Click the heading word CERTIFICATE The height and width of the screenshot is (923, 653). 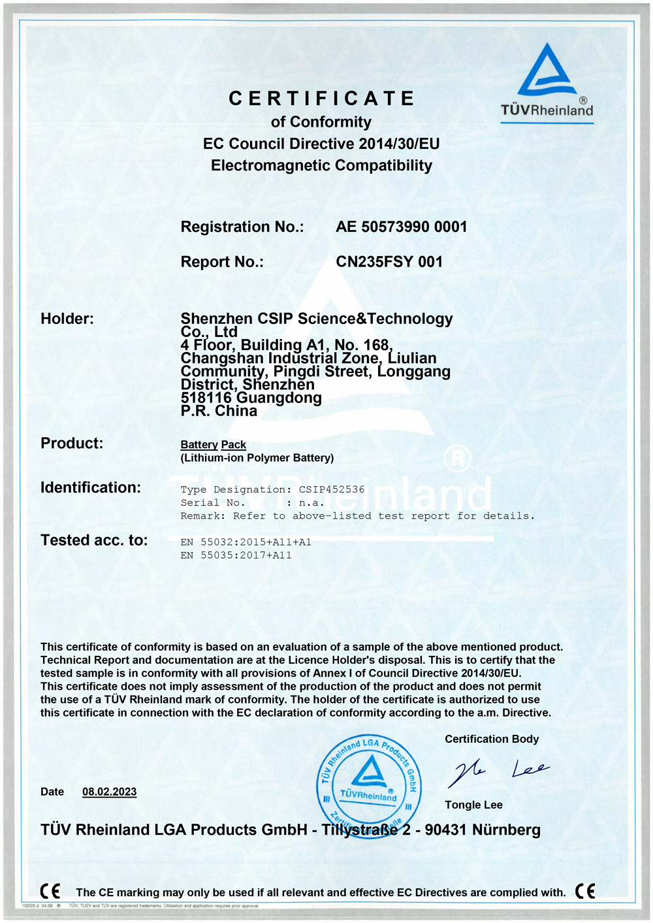pos(321,99)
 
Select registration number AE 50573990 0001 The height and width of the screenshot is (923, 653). pos(402,227)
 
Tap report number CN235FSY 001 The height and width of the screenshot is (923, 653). pos(389,262)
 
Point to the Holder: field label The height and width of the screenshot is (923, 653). pos(67,319)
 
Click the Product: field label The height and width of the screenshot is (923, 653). pos(72,444)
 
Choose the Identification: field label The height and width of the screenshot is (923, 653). pos(91,487)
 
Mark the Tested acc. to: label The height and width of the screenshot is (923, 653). pos(94,540)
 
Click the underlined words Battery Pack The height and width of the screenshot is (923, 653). pos(214,445)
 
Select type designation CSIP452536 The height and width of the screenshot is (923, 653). pos(332,489)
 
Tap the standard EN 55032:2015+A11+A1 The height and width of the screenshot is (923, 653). pos(246,542)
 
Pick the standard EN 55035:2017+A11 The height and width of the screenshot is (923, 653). pos(236,555)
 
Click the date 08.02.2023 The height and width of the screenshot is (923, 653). pos(109,792)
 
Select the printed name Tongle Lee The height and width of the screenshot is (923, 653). pos(473,805)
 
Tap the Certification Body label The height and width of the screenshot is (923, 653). pos(492,739)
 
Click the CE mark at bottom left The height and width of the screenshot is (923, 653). pos(50,891)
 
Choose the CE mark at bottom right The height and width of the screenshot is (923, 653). pos(585,891)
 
